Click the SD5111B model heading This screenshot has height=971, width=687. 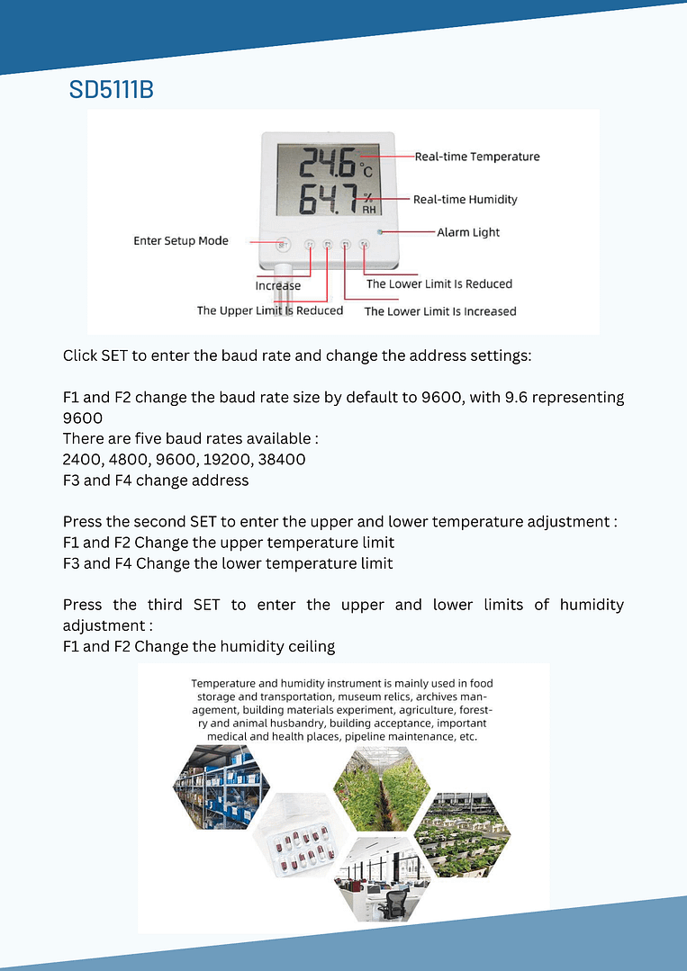tap(111, 90)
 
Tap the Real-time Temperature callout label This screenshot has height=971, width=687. tap(477, 157)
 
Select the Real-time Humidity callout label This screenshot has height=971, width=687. tap(465, 199)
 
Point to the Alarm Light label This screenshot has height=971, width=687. tap(468, 232)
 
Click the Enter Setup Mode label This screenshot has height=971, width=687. tap(181, 241)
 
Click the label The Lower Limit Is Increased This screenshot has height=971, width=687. tap(440, 311)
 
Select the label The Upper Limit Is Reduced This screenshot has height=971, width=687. tap(270, 310)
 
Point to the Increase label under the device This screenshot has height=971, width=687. tap(278, 286)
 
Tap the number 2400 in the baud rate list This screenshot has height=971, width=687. tap(83, 460)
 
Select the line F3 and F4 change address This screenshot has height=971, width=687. tap(156, 481)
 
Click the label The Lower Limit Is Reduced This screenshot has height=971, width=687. tap(438, 284)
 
